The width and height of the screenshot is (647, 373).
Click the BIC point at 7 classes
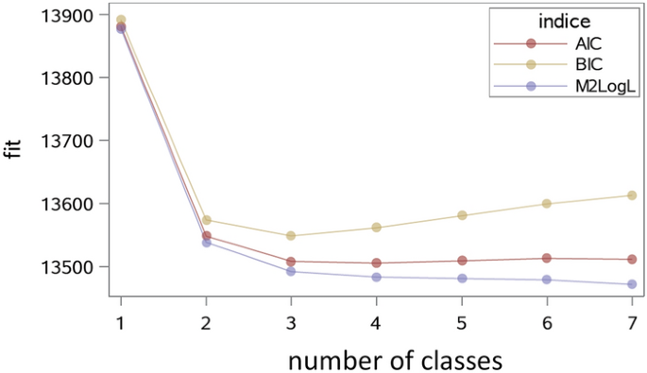632,195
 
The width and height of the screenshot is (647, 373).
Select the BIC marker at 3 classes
291,235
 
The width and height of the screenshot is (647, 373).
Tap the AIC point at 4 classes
376,263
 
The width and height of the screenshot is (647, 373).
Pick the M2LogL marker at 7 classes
632,284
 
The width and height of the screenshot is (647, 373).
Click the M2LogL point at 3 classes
291,271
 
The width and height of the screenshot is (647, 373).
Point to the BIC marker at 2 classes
206,220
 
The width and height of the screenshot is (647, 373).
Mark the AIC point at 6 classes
547,258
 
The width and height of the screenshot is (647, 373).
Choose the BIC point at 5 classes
462,215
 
